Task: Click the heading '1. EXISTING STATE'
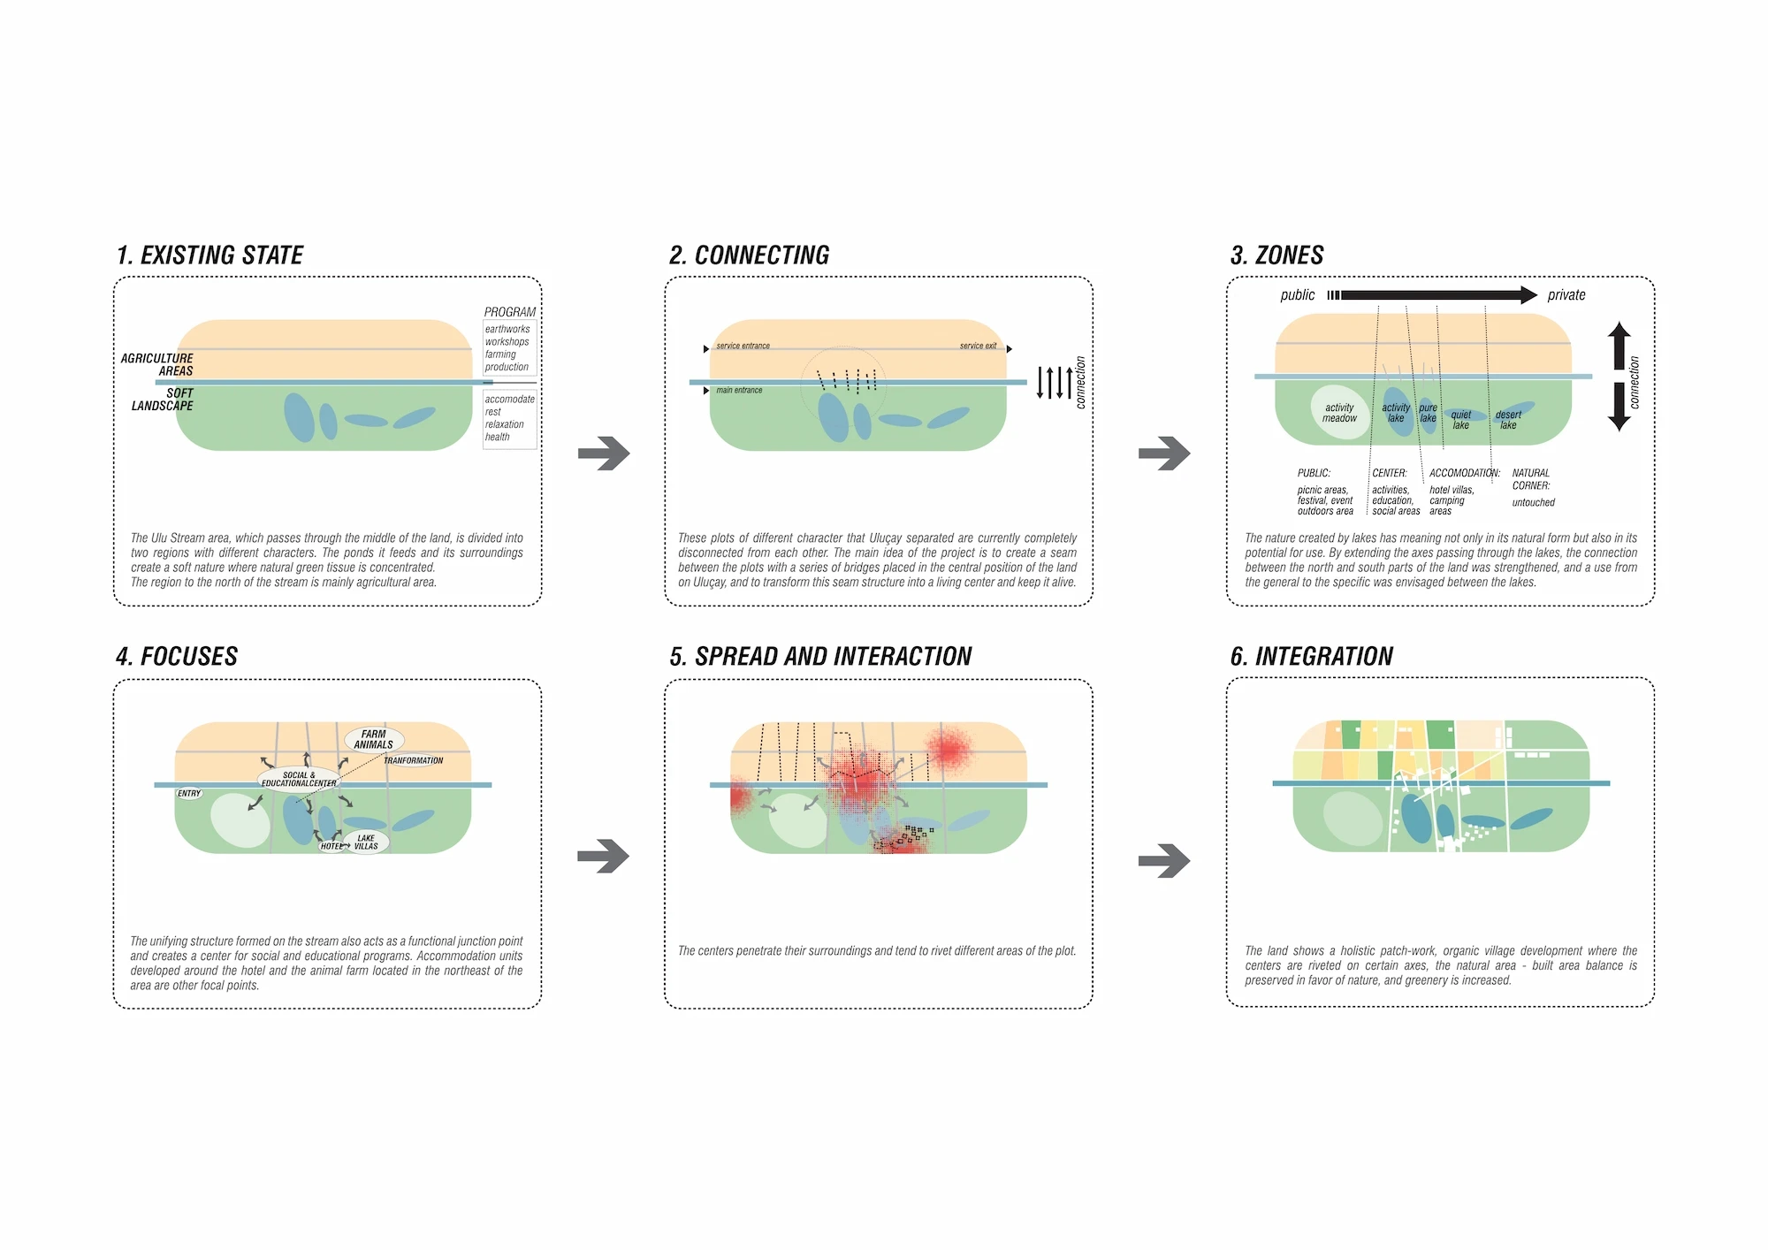pyautogui.click(x=210, y=255)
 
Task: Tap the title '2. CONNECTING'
pyautogui.click(x=749, y=255)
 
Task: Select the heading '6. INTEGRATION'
pyautogui.click(x=1311, y=657)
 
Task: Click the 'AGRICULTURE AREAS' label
pyautogui.click(x=157, y=364)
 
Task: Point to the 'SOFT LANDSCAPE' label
pyautogui.click(x=164, y=400)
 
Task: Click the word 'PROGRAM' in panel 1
pyautogui.click(x=509, y=312)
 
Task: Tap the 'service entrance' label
pyautogui.click(x=743, y=346)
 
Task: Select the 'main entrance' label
pyautogui.click(x=739, y=390)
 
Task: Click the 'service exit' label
pyautogui.click(x=978, y=346)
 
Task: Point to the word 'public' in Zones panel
pyautogui.click(x=1297, y=295)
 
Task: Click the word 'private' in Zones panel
pyautogui.click(x=1566, y=295)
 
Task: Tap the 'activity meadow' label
pyautogui.click(x=1339, y=413)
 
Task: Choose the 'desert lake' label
pyautogui.click(x=1508, y=420)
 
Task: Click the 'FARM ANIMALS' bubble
pyautogui.click(x=373, y=739)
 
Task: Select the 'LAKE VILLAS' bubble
pyautogui.click(x=366, y=842)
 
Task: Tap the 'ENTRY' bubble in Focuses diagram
pyautogui.click(x=189, y=794)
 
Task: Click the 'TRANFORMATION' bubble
pyautogui.click(x=413, y=760)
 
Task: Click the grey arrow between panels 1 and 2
pyautogui.click(x=604, y=454)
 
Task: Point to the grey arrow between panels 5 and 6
pyautogui.click(x=1164, y=860)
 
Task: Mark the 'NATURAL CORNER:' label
pyautogui.click(x=1531, y=479)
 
